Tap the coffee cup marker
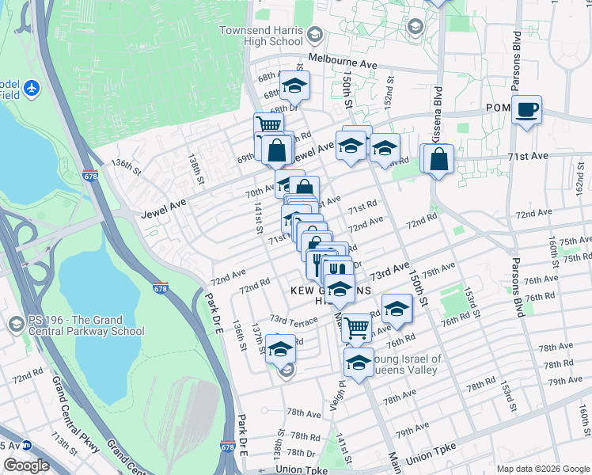526,109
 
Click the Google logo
26,465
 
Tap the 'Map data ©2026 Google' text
543,469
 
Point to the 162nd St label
579,183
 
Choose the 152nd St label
389,93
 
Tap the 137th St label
256,336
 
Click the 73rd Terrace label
293,319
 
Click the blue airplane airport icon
32,87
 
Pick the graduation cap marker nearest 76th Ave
397,308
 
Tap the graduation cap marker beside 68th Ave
294,85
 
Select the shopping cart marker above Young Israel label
357,326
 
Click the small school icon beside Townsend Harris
314,34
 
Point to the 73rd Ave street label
391,271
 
